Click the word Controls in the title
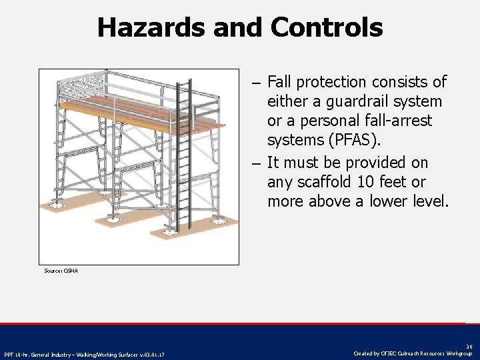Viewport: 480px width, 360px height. (x=327, y=28)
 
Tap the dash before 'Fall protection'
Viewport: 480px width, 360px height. (x=257, y=83)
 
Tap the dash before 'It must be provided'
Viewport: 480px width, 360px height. (x=257, y=163)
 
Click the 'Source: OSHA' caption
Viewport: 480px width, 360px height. (x=61, y=271)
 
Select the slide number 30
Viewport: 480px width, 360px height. (x=469, y=347)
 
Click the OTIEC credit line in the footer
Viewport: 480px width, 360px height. (x=413, y=353)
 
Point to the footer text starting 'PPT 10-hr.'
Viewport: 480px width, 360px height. (x=84, y=354)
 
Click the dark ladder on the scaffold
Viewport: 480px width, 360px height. (x=180, y=153)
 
